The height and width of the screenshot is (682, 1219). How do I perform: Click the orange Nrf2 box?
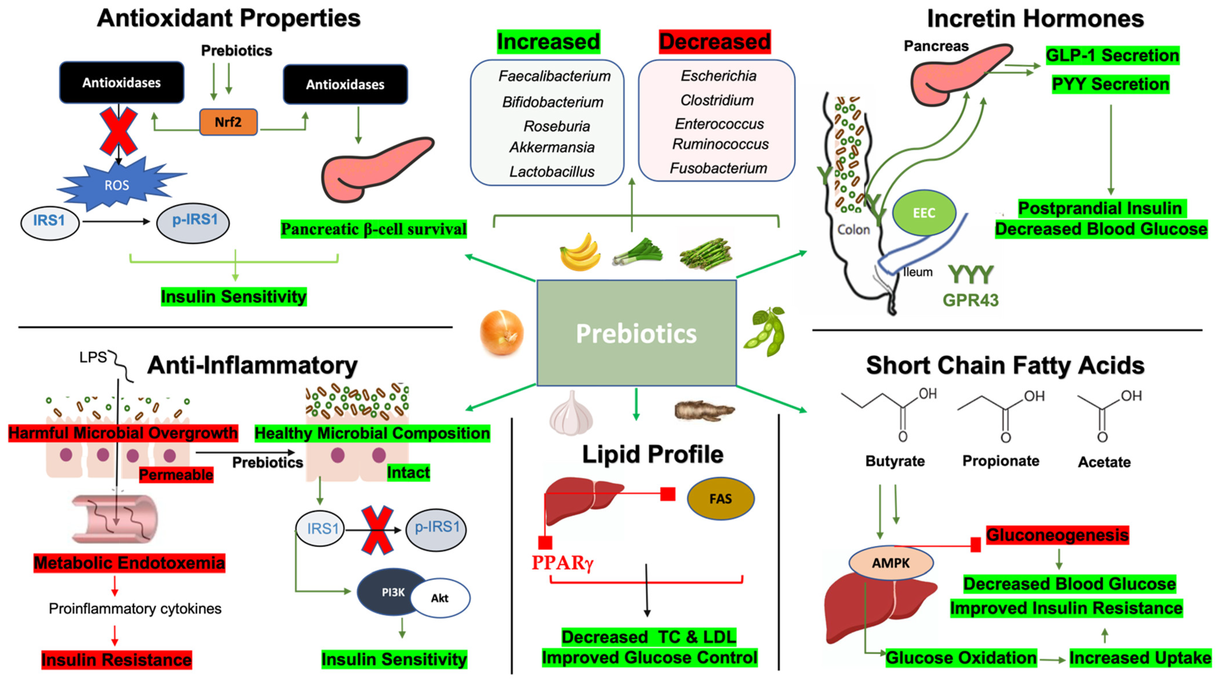(228, 122)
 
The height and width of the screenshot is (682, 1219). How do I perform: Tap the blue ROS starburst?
(117, 185)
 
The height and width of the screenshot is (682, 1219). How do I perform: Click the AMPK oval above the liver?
(891, 563)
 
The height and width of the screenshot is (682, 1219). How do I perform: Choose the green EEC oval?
(924, 213)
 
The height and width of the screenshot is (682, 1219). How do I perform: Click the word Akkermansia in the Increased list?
(552, 147)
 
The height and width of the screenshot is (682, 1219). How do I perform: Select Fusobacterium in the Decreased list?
(718, 168)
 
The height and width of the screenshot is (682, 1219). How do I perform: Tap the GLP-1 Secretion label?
(1112, 55)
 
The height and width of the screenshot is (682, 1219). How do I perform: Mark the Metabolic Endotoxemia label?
(129, 563)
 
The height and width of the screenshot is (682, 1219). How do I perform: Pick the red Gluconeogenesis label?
(1057, 535)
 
